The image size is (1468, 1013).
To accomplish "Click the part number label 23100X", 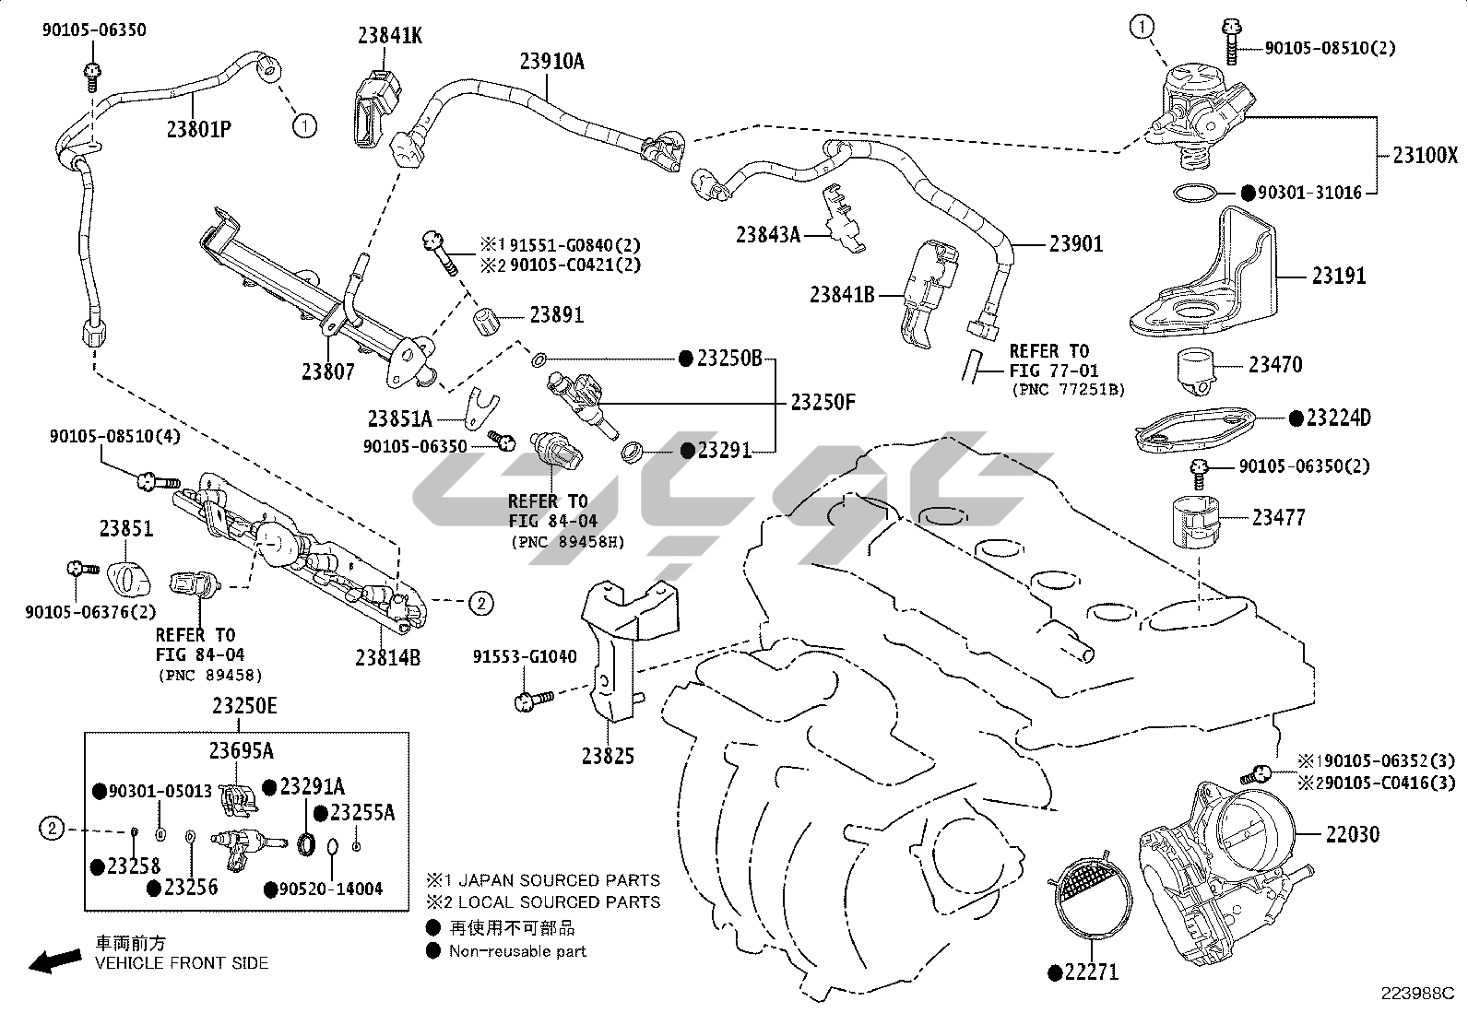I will point(1425,156).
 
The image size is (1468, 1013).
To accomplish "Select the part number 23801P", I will point(198,128).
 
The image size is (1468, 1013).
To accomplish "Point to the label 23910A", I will point(551,62).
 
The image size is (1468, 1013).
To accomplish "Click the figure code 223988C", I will point(1416,993).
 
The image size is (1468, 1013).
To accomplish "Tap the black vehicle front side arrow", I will point(53,961).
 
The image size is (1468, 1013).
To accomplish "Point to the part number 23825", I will point(608,756).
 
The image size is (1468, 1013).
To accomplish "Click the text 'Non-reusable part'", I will point(517,951).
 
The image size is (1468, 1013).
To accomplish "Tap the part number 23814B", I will point(387,657).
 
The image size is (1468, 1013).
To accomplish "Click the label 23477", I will point(1278,518).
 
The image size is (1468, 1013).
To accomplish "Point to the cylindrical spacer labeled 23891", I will point(486,324).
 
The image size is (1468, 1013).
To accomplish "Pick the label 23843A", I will point(767,235).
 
